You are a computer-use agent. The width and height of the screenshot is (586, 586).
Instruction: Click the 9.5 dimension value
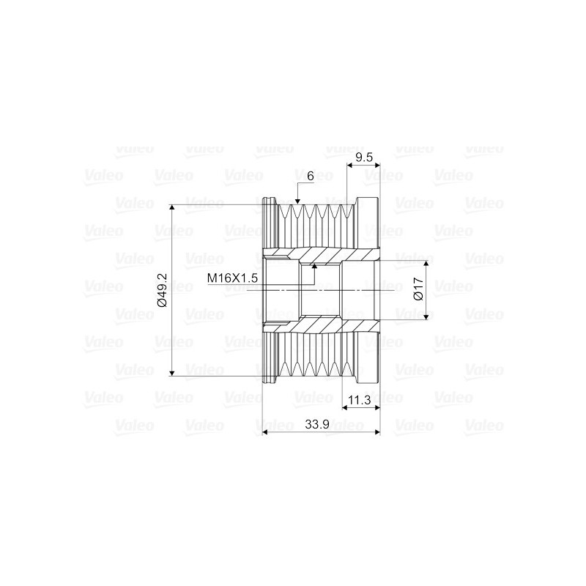coord(364,157)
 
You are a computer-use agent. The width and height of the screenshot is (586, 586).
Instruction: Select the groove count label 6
coord(311,177)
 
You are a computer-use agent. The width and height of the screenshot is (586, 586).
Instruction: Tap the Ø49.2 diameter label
coord(163,290)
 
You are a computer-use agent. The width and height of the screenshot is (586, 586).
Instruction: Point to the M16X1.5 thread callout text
coord(232,278)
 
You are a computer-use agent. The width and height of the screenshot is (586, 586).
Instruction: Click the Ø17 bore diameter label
coord(418,289)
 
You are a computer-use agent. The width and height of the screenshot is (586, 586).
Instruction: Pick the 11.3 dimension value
coord(360,400)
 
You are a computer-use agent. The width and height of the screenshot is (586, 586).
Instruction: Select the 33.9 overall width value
coord(317,425)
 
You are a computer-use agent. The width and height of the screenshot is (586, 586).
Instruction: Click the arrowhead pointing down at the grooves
coord(297,201)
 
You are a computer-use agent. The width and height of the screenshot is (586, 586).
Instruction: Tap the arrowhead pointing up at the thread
coord(314,266)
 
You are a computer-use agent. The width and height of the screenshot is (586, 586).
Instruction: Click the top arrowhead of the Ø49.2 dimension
coord(172,208)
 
